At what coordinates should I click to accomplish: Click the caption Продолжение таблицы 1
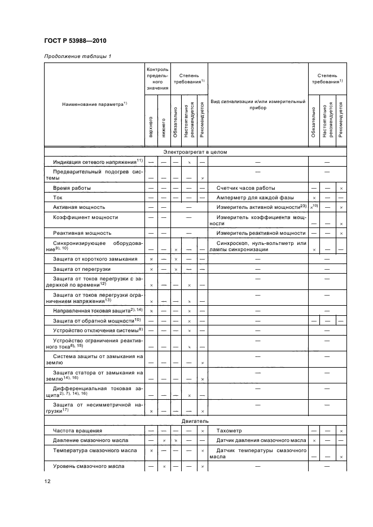click(77, 57)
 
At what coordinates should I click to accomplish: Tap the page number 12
click(47, 481)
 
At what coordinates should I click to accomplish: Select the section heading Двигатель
click(194, 420)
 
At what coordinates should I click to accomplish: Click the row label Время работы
click(72, 187)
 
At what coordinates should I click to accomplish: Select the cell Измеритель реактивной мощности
click(261, 233)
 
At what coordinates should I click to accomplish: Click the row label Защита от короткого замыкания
click(94, 258)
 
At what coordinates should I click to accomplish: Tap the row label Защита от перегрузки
click(81, 269)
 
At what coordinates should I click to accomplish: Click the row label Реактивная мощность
click(82, 233)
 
